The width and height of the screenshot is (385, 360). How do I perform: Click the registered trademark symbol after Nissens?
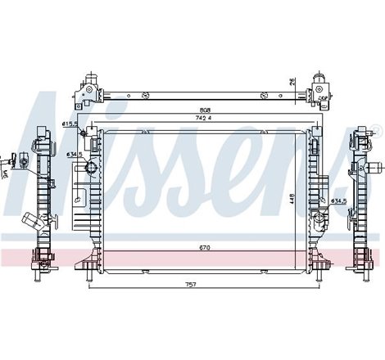tap(376, 129)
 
